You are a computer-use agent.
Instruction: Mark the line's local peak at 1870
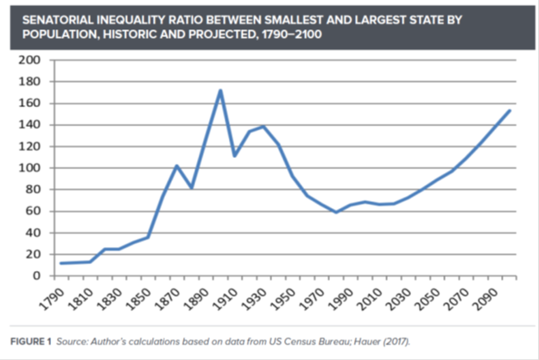176,166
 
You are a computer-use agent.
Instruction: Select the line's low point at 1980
336,212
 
